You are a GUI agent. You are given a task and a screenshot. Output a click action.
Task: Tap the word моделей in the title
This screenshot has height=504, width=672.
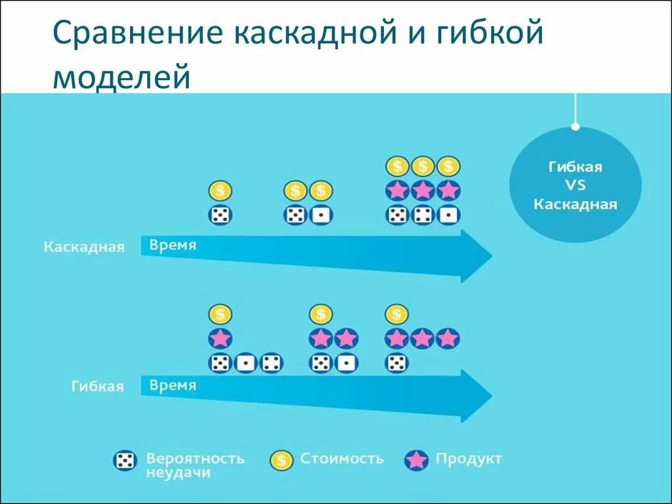pyautogui.click(x=121, y=76)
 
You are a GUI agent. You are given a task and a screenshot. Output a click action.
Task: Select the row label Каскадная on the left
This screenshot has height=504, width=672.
pyautogui.click(x=84, y=247)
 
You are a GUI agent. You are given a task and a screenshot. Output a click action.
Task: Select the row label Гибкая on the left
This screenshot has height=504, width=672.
pyautogui.click(x=97, y=386)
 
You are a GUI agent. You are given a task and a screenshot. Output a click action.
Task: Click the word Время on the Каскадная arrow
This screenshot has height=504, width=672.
pyautogui.click(x=173, y=245)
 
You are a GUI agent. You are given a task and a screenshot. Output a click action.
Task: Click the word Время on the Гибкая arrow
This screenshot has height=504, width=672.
pyautogui.click(x=173, y=385)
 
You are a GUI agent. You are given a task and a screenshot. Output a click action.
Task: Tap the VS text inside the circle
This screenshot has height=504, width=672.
pyautogui.click(x=575, y=185)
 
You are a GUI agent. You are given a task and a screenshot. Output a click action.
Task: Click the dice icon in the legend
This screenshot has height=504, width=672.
pyautogui.click(x=125, y=461)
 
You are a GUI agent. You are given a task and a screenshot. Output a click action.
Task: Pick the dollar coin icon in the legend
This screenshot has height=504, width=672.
pyautogui.click(x=281, y=460)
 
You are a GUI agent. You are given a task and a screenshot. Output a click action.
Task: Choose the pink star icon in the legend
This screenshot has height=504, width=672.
pyautogui.click(x=416, y=460)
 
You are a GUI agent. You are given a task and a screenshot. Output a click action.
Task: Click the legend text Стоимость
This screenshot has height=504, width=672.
pyautogui.click(x=341, y=458)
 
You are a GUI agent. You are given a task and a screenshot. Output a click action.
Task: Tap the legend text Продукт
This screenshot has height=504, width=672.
pyautogui.click(x=468, y=458)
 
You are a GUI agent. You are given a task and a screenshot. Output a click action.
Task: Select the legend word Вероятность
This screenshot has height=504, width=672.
pyautogui.click(x=195, y=457)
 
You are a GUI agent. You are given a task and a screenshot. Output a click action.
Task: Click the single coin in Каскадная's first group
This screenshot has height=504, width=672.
pyautogui.click(x=220, y=191)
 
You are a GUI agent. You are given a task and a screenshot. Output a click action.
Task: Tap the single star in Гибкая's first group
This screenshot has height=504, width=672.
pyautogui.click(x=220, y=339)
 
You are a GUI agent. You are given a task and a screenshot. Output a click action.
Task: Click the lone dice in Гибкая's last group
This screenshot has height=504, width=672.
pyautogui.click(x=396, y=362)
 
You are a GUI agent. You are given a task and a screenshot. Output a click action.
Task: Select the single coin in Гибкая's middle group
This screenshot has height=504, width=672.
pyautogui.click(x=320, y=314)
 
